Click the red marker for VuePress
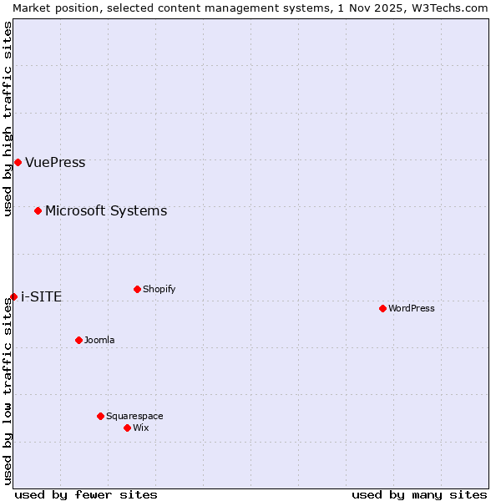coord(18,162)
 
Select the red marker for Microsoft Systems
coord(38,210)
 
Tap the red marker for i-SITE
coord(13,296)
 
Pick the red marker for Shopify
coord(137,289)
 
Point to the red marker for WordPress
coord(382,308)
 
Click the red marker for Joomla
coord(78,340)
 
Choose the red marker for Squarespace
coord(100,416)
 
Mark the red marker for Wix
coord(127,428)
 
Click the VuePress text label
coord(55,162)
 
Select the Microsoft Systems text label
coord(106,210)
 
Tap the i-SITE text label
coord(41,296)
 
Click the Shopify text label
coord(159,289)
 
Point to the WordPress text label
coord(411,308)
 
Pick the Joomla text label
coord(99,340)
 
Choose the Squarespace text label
coord(134,416)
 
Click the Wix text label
coord(140,428)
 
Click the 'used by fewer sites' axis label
coord(86,494)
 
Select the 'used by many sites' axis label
coord(419,494)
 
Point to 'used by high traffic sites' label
coord(8,119)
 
